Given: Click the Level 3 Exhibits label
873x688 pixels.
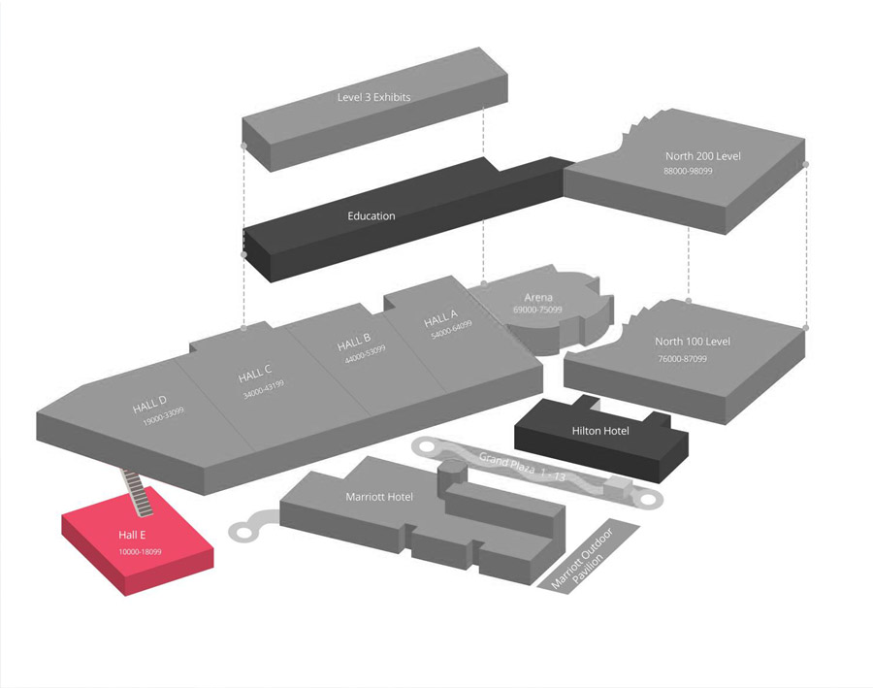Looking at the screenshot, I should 373,97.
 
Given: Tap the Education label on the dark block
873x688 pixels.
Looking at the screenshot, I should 372,215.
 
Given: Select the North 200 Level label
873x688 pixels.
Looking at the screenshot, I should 703,155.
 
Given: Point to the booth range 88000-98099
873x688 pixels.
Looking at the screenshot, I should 688,171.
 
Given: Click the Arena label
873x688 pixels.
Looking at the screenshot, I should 538,297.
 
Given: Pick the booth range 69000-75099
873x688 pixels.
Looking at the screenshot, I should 537,310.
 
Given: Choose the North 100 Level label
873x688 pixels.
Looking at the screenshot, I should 693,342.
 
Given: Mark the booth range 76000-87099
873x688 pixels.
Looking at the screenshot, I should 683,358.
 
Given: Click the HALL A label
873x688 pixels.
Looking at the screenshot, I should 440,319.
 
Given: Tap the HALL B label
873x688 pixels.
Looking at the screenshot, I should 354,343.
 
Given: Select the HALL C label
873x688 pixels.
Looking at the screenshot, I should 255,373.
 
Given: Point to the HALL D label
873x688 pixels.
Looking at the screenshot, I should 149,405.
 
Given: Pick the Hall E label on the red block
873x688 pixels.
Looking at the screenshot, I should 133,535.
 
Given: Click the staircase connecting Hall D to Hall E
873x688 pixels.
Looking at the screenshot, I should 138,490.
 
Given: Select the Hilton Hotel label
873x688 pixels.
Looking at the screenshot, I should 600,431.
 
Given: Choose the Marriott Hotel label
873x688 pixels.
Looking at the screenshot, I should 379,497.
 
